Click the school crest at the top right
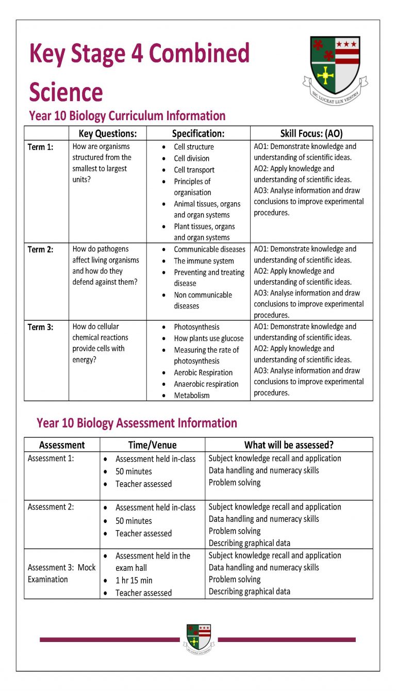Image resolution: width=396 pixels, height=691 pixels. pyautogui.click(x=335, y=70)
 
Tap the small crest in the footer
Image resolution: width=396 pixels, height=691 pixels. pyautogui.click(x=199, y=638)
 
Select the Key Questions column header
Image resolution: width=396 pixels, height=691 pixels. pyautogui.click(x=108, y=134)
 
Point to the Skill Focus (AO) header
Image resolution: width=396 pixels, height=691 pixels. pyautogui.click(x=311, y=134)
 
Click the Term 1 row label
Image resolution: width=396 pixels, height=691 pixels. pyautogui.click(x=40, y=147)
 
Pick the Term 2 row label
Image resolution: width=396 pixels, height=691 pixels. pyautogui.click(x=40, y=250)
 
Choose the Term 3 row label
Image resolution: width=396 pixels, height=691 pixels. pyautogui.click(x=40, y=327)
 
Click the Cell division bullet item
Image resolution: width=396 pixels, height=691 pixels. pyautogui.click(x=191, y=158)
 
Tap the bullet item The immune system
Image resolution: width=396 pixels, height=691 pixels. pyautogui.click(x=204, y=261)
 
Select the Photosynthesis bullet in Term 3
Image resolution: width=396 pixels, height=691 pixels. pyautogui.click(x=196, y=327)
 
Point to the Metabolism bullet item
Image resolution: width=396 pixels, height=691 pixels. pyautogui.click(x=192, y=396)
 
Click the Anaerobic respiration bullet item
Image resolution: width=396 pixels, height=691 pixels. pyautogui.click(x=206, y=384)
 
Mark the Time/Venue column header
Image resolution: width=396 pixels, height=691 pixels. pyautogui.click(x=152, y=445)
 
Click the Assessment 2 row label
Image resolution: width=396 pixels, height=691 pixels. pyautogui.click(x=51, y=507)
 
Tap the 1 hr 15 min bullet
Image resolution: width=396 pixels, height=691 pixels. pyautogui.click(x=134, y=580)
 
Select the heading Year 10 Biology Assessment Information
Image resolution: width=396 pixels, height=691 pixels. pyautogui.click(x=137, y=423)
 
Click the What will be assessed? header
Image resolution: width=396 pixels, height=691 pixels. pyautogui.click(x=289, y=445)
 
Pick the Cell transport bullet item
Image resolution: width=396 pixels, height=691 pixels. pyautogui.click(x=194, y=170)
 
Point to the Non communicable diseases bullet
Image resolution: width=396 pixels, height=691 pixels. pyautogui.click(x=203, y=300)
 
